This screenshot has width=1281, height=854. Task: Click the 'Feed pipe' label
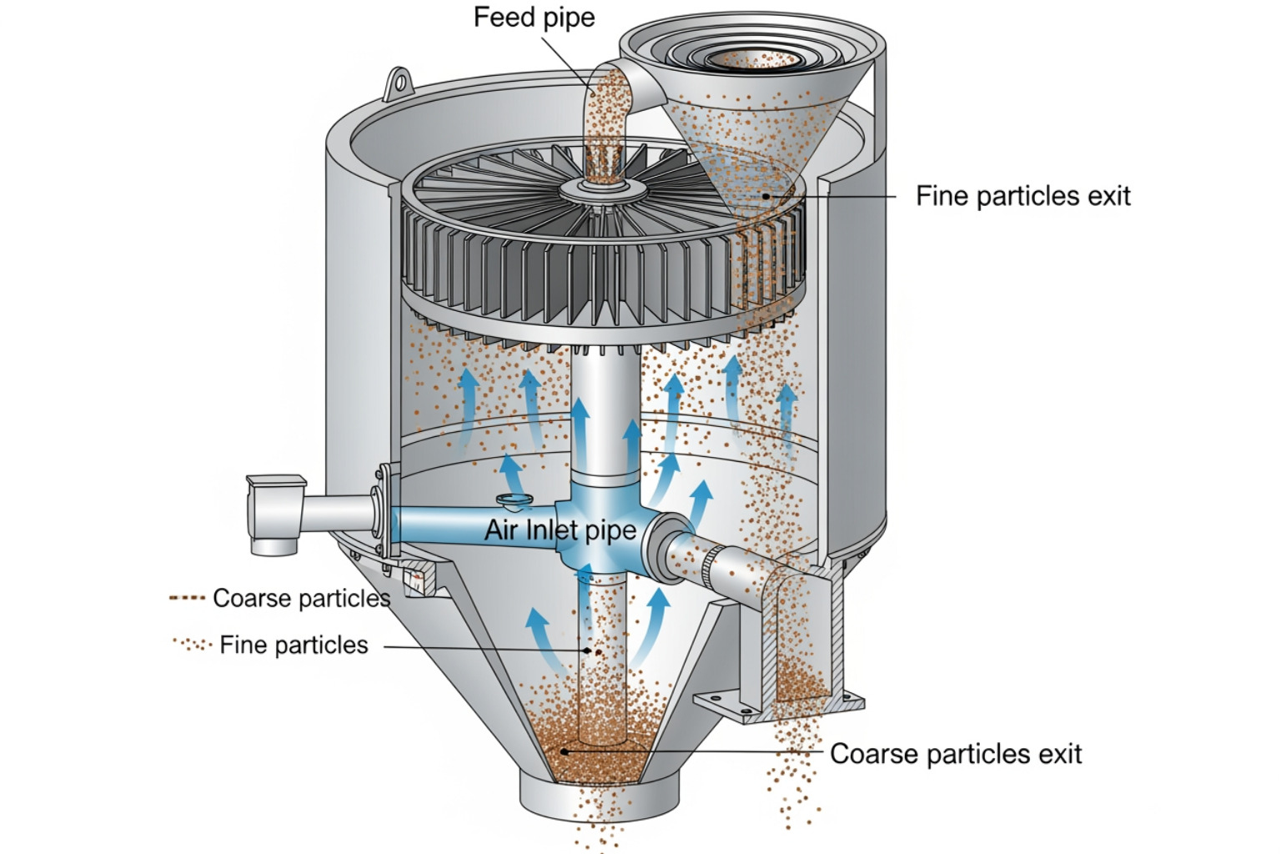click(x=534, y=18)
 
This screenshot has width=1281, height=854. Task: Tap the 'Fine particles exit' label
click(x=1022, y=197)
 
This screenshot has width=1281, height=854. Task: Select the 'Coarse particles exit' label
click(x=955, y=754)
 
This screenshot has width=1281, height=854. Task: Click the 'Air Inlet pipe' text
click(x=560, y=530)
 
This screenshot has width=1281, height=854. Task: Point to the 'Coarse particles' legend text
click(x=301, y=598)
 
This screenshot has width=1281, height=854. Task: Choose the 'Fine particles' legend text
click(x=294, y=645)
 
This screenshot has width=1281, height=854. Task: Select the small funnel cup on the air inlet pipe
click(x=515, y=501)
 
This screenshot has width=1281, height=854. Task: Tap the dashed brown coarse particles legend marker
click(x=186, y=598)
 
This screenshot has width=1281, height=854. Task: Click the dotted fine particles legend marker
click(x=192, y=645)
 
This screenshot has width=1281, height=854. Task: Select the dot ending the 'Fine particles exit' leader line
click(x=766, y=197)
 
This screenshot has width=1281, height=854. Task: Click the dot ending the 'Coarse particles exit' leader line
click(x=565, y=751)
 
